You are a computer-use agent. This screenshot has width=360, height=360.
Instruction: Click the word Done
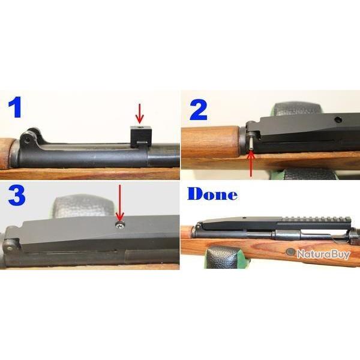[x=212, y=195]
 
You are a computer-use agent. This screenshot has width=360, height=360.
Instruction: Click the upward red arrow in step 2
[x=250, y=164]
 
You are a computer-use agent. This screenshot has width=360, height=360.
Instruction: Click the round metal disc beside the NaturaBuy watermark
[x=291, y=253]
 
